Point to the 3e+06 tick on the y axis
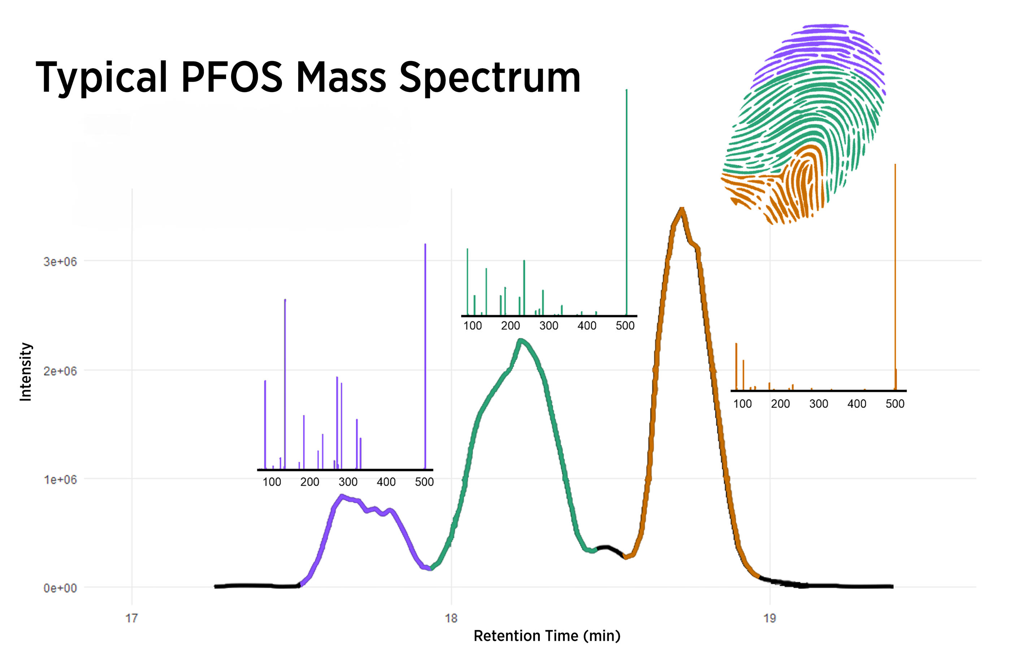click(60, 261)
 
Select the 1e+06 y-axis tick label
click(60, 480)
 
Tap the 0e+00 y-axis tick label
click(60, 588)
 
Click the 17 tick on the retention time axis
click(132, 618)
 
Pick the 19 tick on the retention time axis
click(769, 618)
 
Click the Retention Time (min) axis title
click(547, 636)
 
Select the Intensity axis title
click(26, 372)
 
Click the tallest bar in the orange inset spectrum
click(895, 276)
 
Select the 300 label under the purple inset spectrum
click(348, 482)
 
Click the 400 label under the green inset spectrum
click(587, 326)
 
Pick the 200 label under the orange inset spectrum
click(780, 404)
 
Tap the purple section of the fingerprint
click(820, 47)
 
